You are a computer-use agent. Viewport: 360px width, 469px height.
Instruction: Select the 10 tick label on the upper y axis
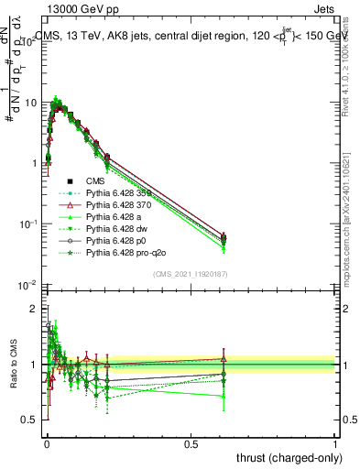point(31,103)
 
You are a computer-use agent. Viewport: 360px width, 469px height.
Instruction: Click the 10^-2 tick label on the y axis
point(27,284)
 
